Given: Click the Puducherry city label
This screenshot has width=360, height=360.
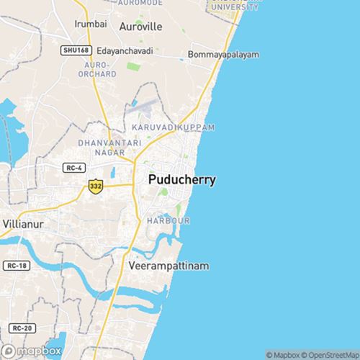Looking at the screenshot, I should point(181,180).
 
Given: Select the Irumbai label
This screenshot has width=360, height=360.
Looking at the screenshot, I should point(91,24).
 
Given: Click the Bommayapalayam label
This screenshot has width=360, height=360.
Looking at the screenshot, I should point(223,55).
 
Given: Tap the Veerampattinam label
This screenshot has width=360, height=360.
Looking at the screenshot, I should point(168,266).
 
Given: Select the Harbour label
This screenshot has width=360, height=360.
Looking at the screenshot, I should point(168,220).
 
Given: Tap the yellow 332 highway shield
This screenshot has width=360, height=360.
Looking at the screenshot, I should point(95,186).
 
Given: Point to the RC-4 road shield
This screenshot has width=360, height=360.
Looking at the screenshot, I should point(73,168).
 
